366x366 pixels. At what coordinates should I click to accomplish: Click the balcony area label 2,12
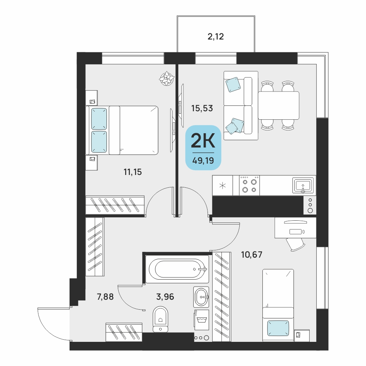pyautogui.click(x=216, y=37)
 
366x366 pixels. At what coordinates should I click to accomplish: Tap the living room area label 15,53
pyautogui.click(x=202, y=108)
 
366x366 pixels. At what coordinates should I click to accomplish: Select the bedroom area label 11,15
pyautogui.click(x=132, y=172)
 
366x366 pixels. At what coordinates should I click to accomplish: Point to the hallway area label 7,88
pyautogui.click(x=105, y=297)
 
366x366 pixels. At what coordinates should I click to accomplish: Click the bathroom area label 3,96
pyautogui.click(x=165, y=297)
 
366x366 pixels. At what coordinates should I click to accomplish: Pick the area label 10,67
pyautogui.click(x=252, y=254)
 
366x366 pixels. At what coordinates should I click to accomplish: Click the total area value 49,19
pyautogui.click(x=203, y=161)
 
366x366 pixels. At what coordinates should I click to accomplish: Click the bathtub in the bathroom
pyautogui.click(x=178, y=269)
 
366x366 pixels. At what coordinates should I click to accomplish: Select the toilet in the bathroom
pyautogui.click(x=160, y=319)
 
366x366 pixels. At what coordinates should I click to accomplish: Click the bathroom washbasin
pyautogui.click(x=201, y=297)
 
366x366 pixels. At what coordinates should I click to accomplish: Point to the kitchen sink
pyautogui.click(x=303, y=186)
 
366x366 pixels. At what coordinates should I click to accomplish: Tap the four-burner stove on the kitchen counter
pyautogui.click(x=249, y=186)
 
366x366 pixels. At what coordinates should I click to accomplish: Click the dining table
pyautogui.click(x=279, y=105)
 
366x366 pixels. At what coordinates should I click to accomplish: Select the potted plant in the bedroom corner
pyautogui.click(x=167, y=78)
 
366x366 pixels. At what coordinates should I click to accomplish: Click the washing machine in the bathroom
pyautogui.click(x=202, y=320)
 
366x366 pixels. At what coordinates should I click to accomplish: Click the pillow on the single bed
pyautogui.click(x=278, y=328)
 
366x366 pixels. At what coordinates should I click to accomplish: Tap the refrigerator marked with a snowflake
pyautogui.click(x=223, y=186)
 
